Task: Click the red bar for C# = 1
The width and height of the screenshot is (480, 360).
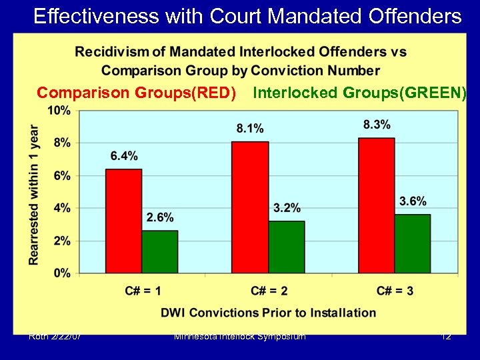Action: [x=123, y=221]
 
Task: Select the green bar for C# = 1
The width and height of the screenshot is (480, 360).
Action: [x=159, y=251]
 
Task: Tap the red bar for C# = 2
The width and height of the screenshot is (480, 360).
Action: [x=250, y=207]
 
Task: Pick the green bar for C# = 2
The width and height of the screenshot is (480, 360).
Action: [x=286, y=247]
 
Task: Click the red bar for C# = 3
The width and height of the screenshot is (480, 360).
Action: [x=376, y=205]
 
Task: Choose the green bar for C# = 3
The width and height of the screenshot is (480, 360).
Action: [x=412, y=243]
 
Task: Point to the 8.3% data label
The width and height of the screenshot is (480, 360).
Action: [x=377, y=125]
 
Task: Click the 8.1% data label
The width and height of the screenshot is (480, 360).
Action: [x=250, y=128]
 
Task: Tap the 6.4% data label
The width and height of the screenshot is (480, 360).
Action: [x=124, y=156]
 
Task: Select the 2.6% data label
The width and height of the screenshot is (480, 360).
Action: [x=160, y=217]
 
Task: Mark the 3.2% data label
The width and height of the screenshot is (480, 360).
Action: [x=287, y=208]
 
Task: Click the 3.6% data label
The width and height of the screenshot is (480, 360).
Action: [x=413, y=201]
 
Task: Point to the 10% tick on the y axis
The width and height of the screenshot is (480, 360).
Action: [x=59, y=111]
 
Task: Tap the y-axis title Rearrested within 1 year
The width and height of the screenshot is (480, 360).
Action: [x=34, y=195]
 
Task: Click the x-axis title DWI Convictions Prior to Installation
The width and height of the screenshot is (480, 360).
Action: [x=268, y=313]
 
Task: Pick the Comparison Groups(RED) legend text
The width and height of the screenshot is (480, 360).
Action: [x=137, y=93]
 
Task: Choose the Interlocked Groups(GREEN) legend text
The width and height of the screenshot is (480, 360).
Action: [x=359, y=93]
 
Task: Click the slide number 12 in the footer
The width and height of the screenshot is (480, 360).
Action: [x=446, y=336]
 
